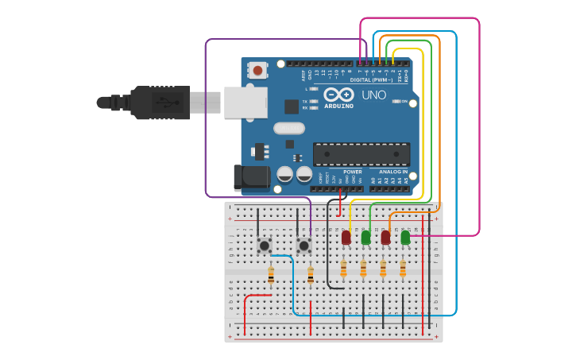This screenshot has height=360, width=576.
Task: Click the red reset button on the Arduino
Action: click(x=257, y=70)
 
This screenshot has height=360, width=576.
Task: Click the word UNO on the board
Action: click(x=374, y=95)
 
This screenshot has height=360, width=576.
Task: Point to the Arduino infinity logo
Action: click(x=339, y=95)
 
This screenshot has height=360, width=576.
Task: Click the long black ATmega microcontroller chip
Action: click(x=361, y=154)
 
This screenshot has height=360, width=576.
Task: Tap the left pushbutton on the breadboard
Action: click(x=264, y=246)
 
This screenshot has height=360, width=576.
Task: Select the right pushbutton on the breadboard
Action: click(x=303, y=246)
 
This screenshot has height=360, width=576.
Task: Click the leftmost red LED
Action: click(x=346, y=237)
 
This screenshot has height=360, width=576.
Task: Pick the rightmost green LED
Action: click(x=405, y=237)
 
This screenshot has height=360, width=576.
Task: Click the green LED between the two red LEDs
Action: click(x=365, y=237)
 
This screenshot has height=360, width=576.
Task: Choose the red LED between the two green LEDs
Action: click(x=385, y=237)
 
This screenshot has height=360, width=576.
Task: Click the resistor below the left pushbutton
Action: click(x=271, y=276)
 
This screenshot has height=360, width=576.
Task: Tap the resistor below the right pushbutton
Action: click(x=310, y=276)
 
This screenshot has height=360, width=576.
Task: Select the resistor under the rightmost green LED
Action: click(x=403, y=269)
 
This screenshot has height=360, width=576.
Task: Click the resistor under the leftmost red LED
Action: click(x=343, y=269)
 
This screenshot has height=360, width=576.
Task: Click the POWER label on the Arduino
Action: click(x=352, y=172)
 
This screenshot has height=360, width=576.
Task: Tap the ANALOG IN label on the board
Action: click(x=393, y=172)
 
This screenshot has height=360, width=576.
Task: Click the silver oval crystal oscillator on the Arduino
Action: click(x=288, y=128)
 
